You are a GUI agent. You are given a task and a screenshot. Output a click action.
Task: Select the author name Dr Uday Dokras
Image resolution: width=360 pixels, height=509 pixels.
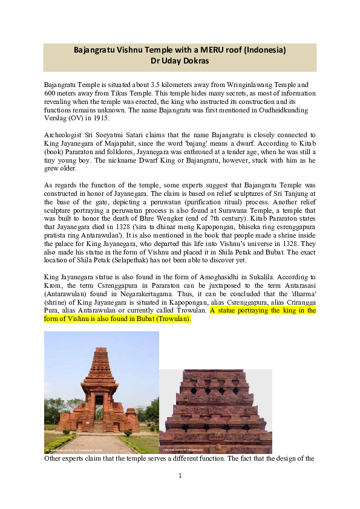pos(180,60)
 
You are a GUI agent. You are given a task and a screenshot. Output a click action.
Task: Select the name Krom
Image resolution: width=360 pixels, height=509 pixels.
pos(54,288)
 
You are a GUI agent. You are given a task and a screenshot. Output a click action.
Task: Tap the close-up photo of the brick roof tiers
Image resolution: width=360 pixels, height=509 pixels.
pos(215,411)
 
